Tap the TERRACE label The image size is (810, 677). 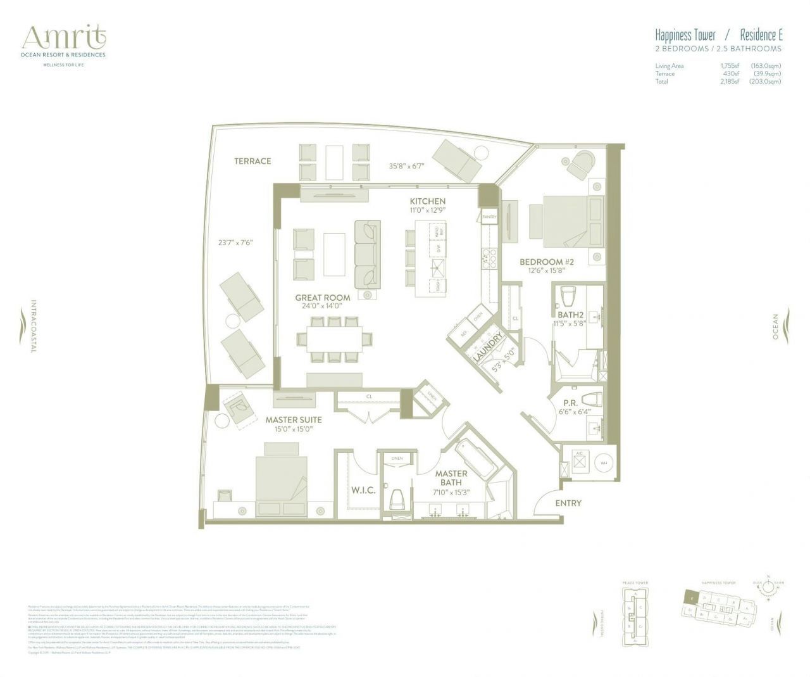(252, 161)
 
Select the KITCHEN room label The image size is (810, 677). (427, 201)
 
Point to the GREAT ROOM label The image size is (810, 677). (322, 298)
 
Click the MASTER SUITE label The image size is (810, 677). (293, 419)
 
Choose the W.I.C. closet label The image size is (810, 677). (363, 490)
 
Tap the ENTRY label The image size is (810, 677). (568, 503)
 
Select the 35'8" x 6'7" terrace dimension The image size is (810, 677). (406, 167)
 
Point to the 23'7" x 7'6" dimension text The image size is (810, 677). (235, 242)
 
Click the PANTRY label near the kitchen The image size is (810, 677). (489, 217)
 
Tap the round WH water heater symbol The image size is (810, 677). (602, 463)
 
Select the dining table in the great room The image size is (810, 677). (335, 339)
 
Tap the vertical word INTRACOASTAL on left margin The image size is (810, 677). (34, 326)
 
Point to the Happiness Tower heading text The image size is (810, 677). (685, 35)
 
